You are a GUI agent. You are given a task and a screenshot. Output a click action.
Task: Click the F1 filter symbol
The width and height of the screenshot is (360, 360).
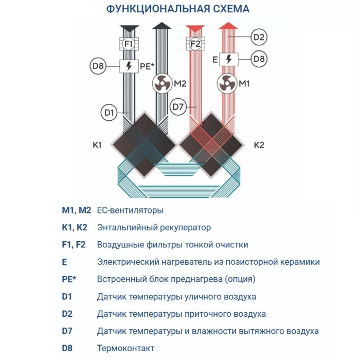coord(129,44)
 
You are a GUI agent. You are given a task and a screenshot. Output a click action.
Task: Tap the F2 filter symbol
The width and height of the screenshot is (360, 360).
coord(195,44)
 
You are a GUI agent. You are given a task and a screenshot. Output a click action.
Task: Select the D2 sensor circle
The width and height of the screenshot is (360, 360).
coord(259,37)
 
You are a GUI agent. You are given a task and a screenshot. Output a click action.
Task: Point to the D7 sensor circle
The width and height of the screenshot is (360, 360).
coord(178,107)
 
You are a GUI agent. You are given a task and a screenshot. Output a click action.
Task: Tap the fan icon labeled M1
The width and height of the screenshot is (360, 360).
coord(228,83)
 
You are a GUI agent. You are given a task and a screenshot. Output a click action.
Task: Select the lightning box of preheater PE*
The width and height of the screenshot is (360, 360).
coord(129,66)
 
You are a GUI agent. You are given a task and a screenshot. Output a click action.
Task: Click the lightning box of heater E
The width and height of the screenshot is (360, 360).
coord(228,59)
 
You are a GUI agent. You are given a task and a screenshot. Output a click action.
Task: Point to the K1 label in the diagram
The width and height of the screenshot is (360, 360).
coord(97,146)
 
